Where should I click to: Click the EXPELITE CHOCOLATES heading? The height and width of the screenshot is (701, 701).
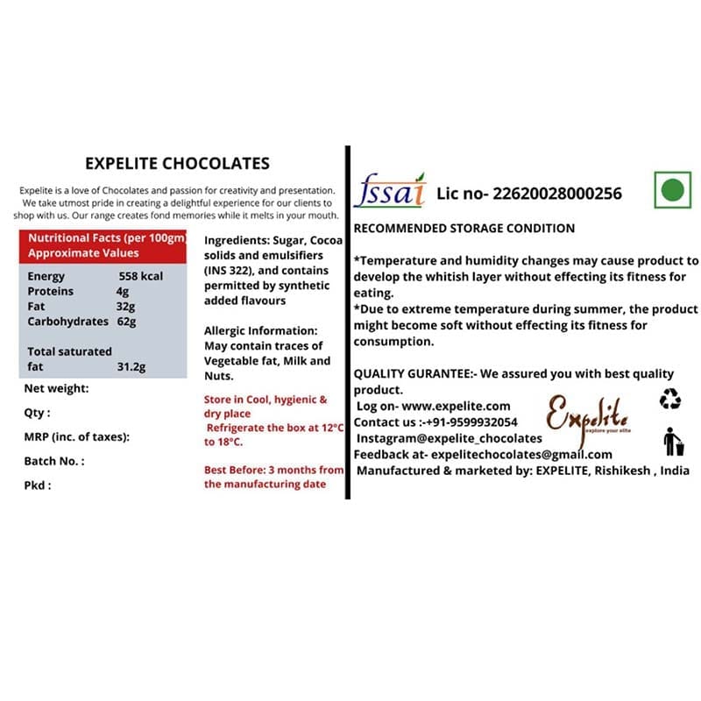pos(177,164)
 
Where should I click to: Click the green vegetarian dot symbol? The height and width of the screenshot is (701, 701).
pos(672,189)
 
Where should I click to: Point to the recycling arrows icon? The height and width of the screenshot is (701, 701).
pos(670,400)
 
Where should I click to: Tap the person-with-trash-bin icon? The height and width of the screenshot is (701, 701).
pos(673,442)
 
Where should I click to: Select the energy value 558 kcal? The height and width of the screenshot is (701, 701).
pos(140,276)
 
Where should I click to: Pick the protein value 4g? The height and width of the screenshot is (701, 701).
pos(123,291)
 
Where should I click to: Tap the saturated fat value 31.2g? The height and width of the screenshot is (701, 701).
pos(131,366)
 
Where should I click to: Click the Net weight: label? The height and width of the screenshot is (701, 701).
pos(56,388)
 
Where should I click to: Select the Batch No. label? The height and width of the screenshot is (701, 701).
pos(54,460)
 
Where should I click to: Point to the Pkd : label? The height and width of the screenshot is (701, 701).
pos(38,485)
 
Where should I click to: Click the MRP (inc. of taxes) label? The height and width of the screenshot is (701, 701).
pos(76,436)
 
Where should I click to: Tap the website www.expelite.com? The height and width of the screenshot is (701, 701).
pos(456,406)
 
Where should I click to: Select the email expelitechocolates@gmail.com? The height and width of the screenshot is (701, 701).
pos(526,454)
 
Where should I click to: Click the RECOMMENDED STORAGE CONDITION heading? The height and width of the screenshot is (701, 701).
pos(464,229)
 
